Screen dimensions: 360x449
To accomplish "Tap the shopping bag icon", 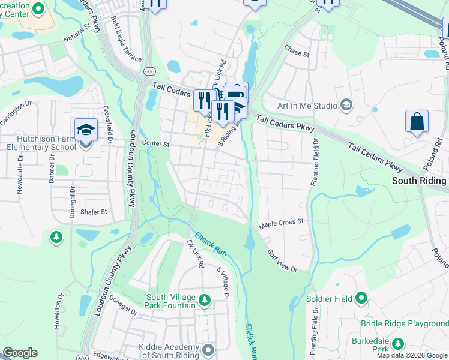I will [417, 122].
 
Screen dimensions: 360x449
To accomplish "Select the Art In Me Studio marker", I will [346, 106].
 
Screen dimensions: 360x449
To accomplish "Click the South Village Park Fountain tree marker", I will [205, 299].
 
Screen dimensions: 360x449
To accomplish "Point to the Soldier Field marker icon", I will [361, 298].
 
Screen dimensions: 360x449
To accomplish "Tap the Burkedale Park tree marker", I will [397, 344].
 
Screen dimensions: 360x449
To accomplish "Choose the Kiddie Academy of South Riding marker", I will [208, 349].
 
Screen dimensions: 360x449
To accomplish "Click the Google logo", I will [20, 353].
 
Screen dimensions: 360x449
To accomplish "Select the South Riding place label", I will [419, 181].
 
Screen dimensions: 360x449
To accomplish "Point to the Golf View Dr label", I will [282, 262].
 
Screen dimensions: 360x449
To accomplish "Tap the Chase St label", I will [297, 53].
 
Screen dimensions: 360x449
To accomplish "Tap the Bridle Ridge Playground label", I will [405, 324].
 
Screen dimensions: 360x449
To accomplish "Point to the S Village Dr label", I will [223, 283].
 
